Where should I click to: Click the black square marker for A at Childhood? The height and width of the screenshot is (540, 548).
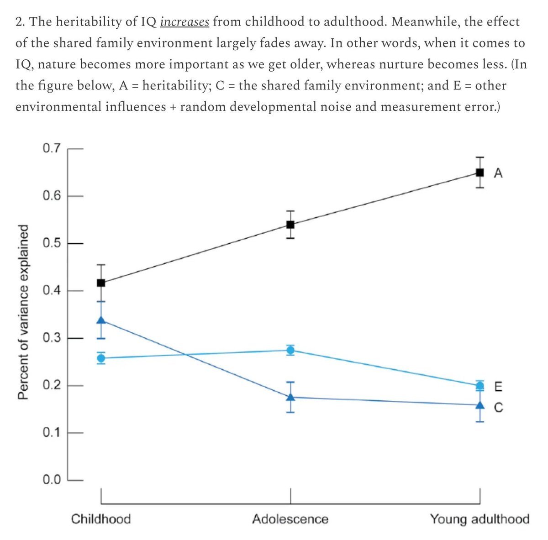[101, 283]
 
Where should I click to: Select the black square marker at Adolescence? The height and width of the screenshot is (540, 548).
[290, 224]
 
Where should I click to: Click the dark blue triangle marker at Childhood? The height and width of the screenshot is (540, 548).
[101, 320]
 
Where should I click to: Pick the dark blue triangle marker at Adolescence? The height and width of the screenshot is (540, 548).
[290, 397]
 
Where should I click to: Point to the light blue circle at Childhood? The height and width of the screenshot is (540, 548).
[101, 358]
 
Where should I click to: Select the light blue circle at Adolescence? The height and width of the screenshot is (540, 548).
[290, 350]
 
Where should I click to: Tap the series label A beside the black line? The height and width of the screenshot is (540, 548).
[498, 173]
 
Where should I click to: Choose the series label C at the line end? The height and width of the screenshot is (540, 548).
[498, 407]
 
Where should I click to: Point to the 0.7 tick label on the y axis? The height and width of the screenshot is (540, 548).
[51, 148]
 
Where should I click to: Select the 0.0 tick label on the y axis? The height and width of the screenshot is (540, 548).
[51, 480]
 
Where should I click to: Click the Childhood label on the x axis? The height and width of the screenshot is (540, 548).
[101, 519]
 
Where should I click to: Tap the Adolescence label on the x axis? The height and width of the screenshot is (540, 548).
[290, 519]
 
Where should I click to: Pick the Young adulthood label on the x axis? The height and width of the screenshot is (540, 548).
[479, 519]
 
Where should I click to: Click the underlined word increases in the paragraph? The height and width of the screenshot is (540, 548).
[184, 22]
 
